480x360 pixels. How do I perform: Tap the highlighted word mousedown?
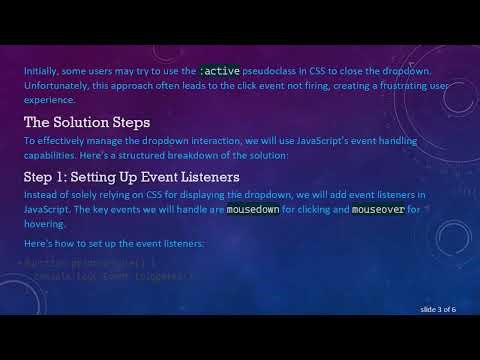pos(254,211)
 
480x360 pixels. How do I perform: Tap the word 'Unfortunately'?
pos(58,87)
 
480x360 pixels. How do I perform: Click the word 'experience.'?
pos(49,101)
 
